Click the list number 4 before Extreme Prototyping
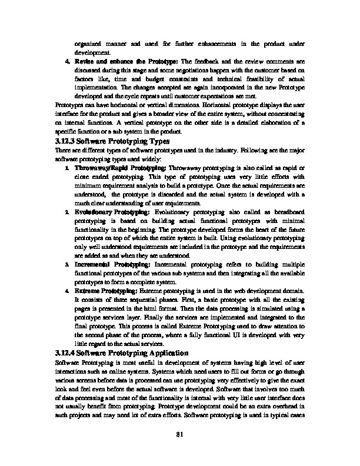click(68, 291)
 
